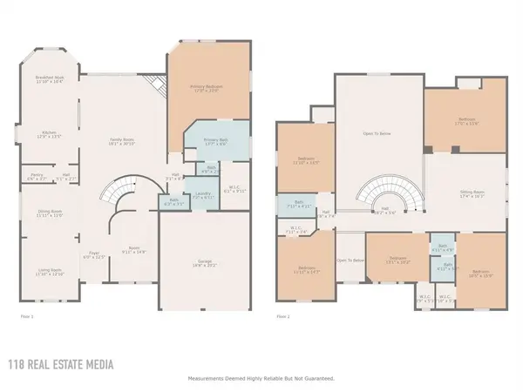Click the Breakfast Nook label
49,79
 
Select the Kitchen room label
49,135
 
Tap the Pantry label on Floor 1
37,178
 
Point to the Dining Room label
49,213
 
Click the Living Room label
49,272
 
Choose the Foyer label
93,256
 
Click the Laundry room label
203,194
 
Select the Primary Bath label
215,142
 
